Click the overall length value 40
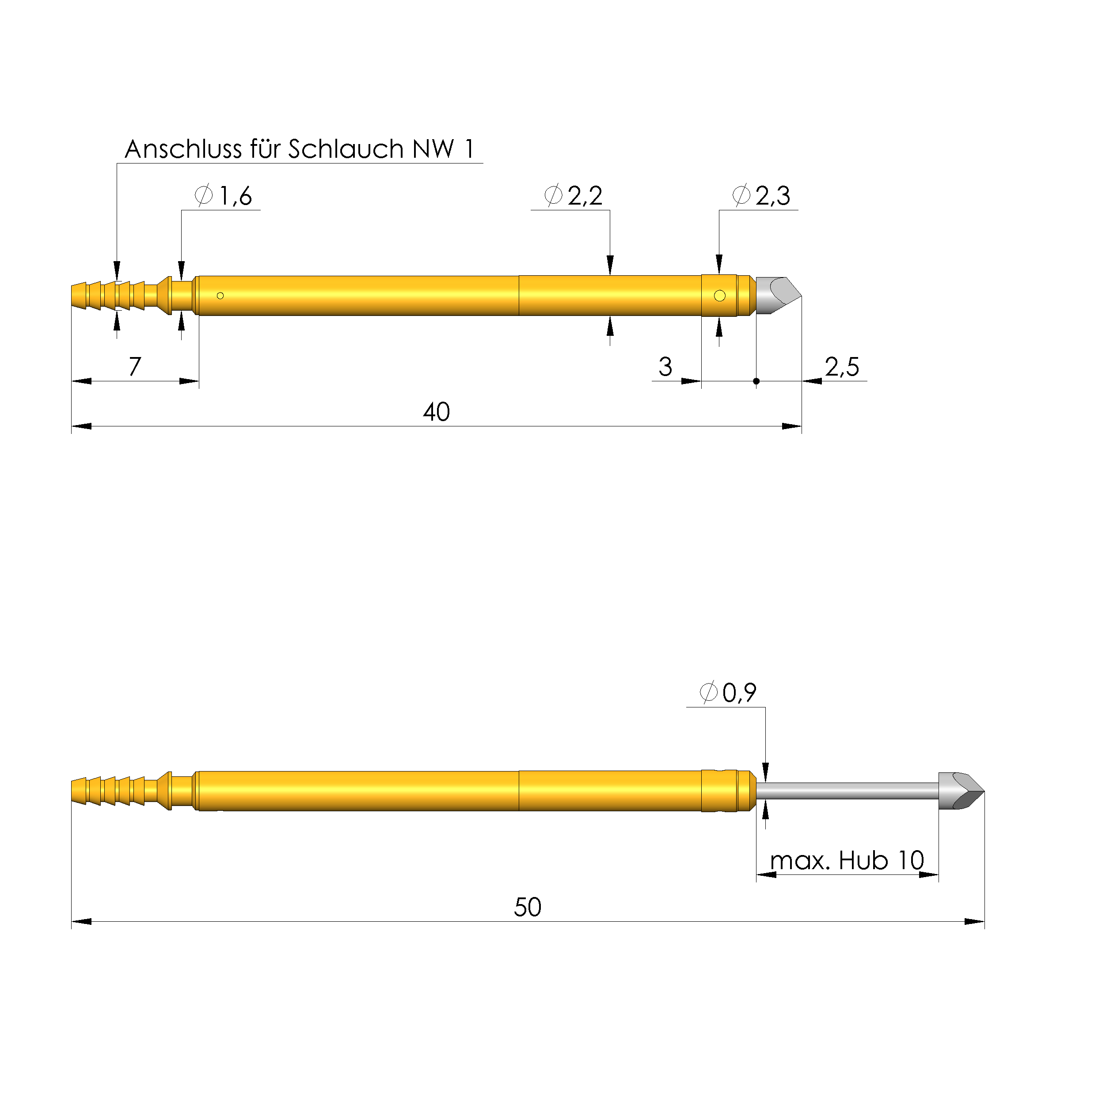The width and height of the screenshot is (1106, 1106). (436, 412)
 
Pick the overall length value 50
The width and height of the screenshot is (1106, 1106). (527, 907)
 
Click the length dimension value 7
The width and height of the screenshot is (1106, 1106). (134, 367)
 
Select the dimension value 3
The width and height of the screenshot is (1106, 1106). (665, 367)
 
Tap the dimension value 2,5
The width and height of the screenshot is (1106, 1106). (841, 367)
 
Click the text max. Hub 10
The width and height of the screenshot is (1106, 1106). (847, 860)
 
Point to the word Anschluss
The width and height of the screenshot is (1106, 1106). (183, 149)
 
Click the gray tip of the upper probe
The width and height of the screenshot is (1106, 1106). (777, 296)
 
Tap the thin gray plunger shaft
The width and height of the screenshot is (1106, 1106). (847, 791)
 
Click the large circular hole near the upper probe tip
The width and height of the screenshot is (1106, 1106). (720, 296)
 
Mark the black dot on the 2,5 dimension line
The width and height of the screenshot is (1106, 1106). (756, 381)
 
